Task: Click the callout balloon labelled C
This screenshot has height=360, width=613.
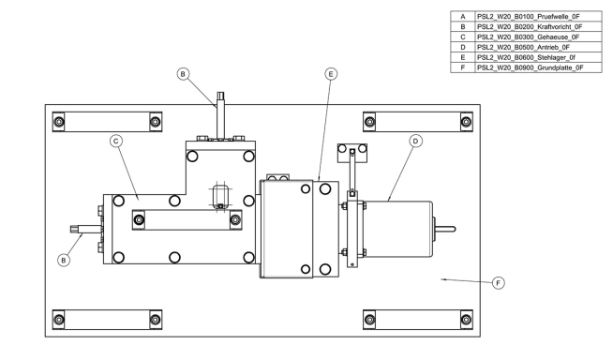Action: (116, 142)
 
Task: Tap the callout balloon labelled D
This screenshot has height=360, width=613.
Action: (415, 142)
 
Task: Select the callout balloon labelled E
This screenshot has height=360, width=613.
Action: (331, 74)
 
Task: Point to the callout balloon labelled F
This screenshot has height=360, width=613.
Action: (498, 283)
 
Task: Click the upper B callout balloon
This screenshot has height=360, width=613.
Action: (183, 74)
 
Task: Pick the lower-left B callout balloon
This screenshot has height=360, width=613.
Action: (64, 261)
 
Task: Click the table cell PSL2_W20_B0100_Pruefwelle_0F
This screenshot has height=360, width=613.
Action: (538, 17)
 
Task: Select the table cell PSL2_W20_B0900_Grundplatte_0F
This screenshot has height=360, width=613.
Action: (538, 67)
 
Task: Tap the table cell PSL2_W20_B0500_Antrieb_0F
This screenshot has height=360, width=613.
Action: (538, 47)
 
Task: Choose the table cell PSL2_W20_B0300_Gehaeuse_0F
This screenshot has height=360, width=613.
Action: (538, 37)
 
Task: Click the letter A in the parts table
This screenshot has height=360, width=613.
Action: (463, 17)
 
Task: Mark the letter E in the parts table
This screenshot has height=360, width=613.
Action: (463, 57)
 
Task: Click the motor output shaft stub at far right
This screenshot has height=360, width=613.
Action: (445, 229)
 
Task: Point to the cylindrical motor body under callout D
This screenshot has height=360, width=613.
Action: (398, 229)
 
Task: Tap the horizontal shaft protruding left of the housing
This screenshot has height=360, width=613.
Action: (86, 230)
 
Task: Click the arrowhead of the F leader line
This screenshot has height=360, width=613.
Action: (443, 279)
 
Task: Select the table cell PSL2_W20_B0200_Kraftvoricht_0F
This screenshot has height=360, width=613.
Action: (538, 27)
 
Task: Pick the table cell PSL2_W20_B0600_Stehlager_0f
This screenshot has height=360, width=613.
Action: (538, 57)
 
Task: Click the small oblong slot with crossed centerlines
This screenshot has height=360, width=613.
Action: (220, 196)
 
